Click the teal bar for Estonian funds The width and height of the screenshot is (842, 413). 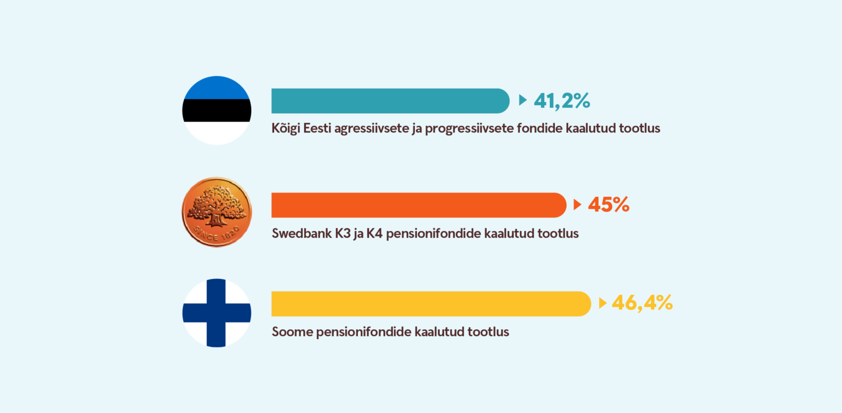point(390,101)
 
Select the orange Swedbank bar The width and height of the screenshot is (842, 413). point(419,205)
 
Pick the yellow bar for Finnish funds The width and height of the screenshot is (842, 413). point(431,304)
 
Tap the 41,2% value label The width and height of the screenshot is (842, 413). point(562,101)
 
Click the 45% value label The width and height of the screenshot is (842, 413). point(608,205)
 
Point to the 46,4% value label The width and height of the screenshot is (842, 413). point(642,302)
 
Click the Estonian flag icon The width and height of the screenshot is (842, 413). point(217,111)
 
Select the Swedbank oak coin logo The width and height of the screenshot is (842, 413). point(217,212)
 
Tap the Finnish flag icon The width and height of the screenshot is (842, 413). point(217,313)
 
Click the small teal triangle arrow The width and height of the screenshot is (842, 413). point(522,100)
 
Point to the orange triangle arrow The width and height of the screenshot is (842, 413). point(577,205)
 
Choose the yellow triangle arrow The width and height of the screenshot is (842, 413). point(602,303)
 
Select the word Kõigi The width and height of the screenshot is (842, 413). point(286,128)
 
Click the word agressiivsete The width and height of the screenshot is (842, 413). point(370,129)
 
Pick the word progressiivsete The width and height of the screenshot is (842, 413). point(469,129)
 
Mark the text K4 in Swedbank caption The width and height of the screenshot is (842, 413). point(374,233)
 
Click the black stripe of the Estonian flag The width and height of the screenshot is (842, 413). point(217,111)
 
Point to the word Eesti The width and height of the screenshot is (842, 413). point(317,128)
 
